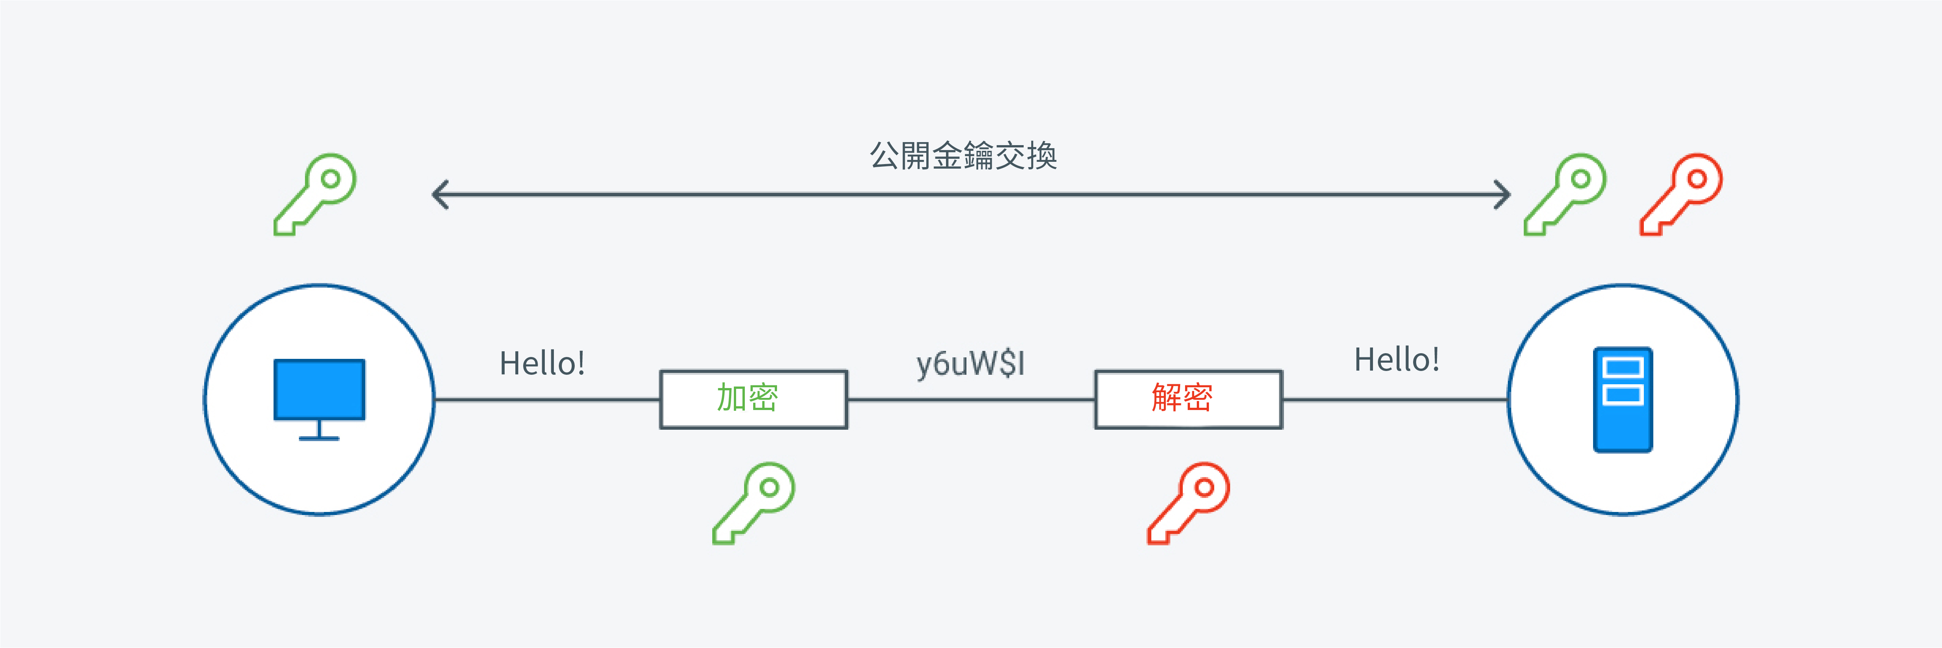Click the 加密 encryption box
tap(754, 399)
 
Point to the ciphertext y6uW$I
tap(970, 364)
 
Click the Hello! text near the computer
tap(542, 364)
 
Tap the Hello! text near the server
tap(1397, 360)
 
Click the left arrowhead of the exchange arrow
tap(439, 195)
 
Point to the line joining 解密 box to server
tap(1395, 400)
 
